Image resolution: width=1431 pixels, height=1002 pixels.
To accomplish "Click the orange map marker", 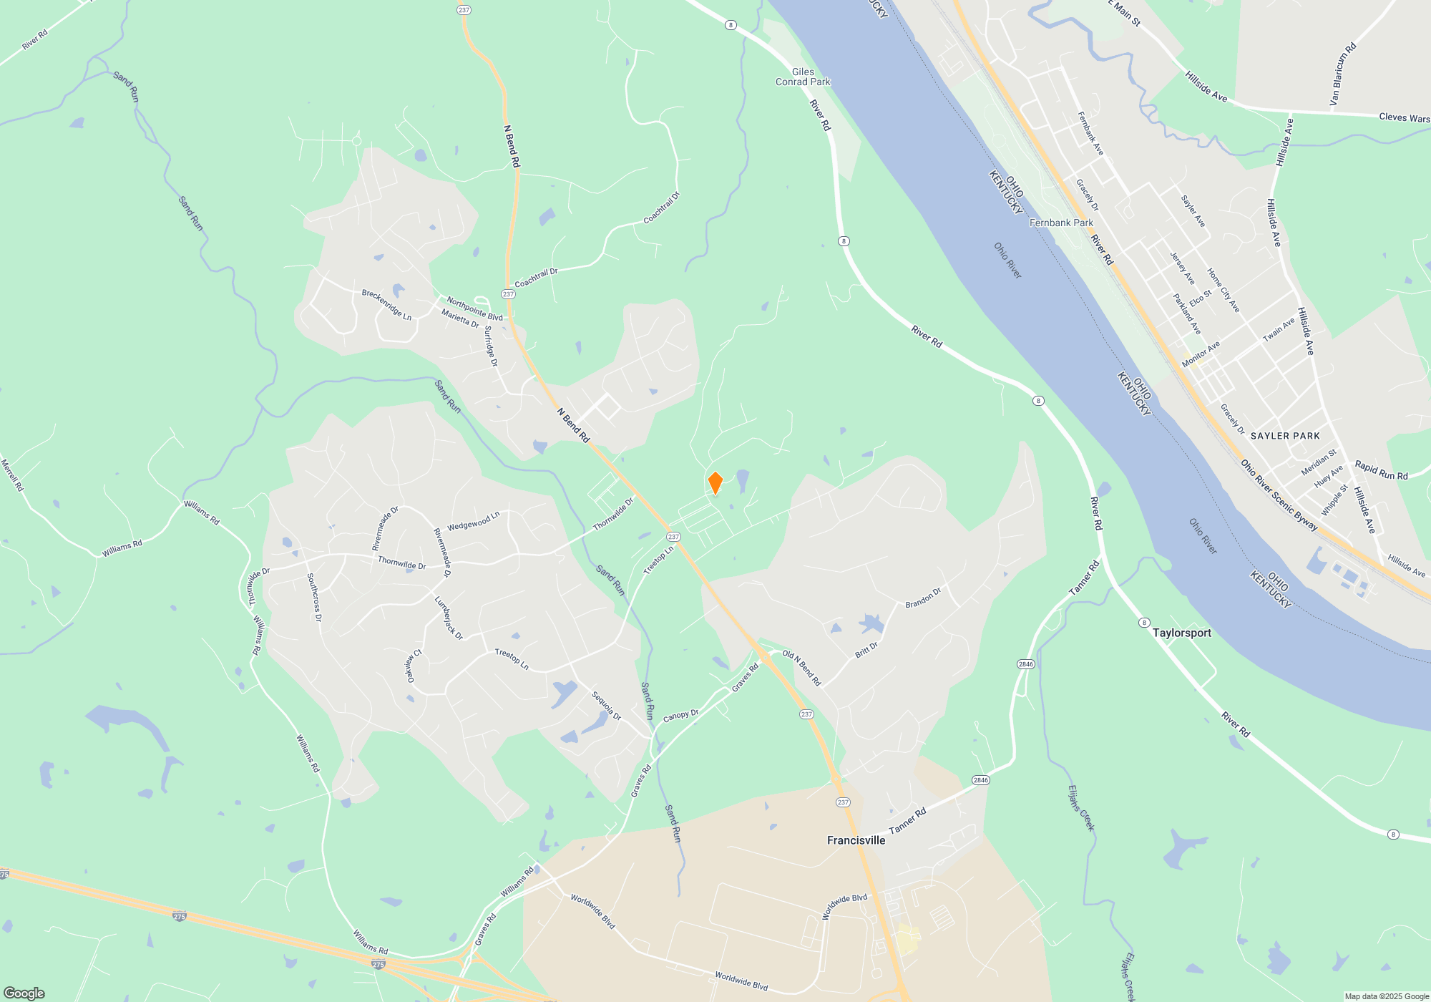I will tap(715, 483).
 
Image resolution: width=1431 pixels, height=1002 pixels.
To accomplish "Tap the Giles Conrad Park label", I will tap(803, 77).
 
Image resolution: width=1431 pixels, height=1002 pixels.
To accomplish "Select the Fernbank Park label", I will tap(1061, 223).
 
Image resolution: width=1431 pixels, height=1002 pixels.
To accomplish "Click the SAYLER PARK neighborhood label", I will tap(1285, 436).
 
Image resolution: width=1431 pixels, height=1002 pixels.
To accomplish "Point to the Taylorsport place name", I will tap(1181, 633).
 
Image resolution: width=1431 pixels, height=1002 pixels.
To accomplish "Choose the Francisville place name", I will tap(856, 840).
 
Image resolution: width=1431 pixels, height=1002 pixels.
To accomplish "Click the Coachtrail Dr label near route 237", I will tap(536, 278).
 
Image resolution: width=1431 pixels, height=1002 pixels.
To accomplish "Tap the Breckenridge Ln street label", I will tap(386, 305).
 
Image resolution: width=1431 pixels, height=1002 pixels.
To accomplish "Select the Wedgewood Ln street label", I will tap(473, 522).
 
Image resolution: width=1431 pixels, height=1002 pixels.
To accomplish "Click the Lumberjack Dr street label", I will tap(449, 618).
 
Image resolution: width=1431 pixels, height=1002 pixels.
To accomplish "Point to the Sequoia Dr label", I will tap(606, 706).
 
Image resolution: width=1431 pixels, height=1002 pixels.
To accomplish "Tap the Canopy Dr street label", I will tap(680, 716).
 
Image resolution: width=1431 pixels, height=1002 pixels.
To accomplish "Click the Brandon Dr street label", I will tap(923, 598).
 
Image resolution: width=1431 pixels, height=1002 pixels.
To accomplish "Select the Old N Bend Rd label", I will tap(801, 668).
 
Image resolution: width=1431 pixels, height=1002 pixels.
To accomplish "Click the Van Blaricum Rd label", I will tap(1343, 74).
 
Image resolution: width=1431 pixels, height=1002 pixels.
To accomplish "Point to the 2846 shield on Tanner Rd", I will tap(980, 780).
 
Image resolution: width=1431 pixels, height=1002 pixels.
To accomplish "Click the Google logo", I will tap(24, 993).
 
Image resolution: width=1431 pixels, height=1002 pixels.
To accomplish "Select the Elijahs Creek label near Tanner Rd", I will tap(1081, 808).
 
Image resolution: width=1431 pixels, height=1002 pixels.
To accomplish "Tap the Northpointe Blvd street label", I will tap(474, 309).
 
